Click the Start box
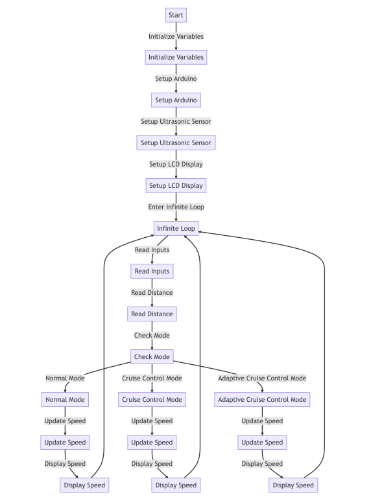[x=176, y=15]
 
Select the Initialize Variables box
[x=176, y=57]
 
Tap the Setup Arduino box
[x=176, y=100]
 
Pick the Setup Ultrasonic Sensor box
[x=176, y=143]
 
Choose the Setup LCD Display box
[x=176, y=185]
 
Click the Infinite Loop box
[x=176, y=228]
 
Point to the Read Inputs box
[x=152, y=271]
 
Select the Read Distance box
[x=152, y=314]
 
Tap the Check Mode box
[x=152, y=356]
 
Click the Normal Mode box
[x=65, y=399]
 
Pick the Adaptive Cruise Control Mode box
[x=262, y=399]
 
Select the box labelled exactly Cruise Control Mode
[x=152, y=399]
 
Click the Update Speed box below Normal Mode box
[x=65, y=442]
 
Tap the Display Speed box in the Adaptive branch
[x=293, y=485]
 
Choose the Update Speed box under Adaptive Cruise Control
[x=262, y=442]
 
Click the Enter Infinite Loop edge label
[x=176, y=207]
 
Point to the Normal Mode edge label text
[x=65, y=378]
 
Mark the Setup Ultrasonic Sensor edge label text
[x=176, y=121]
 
